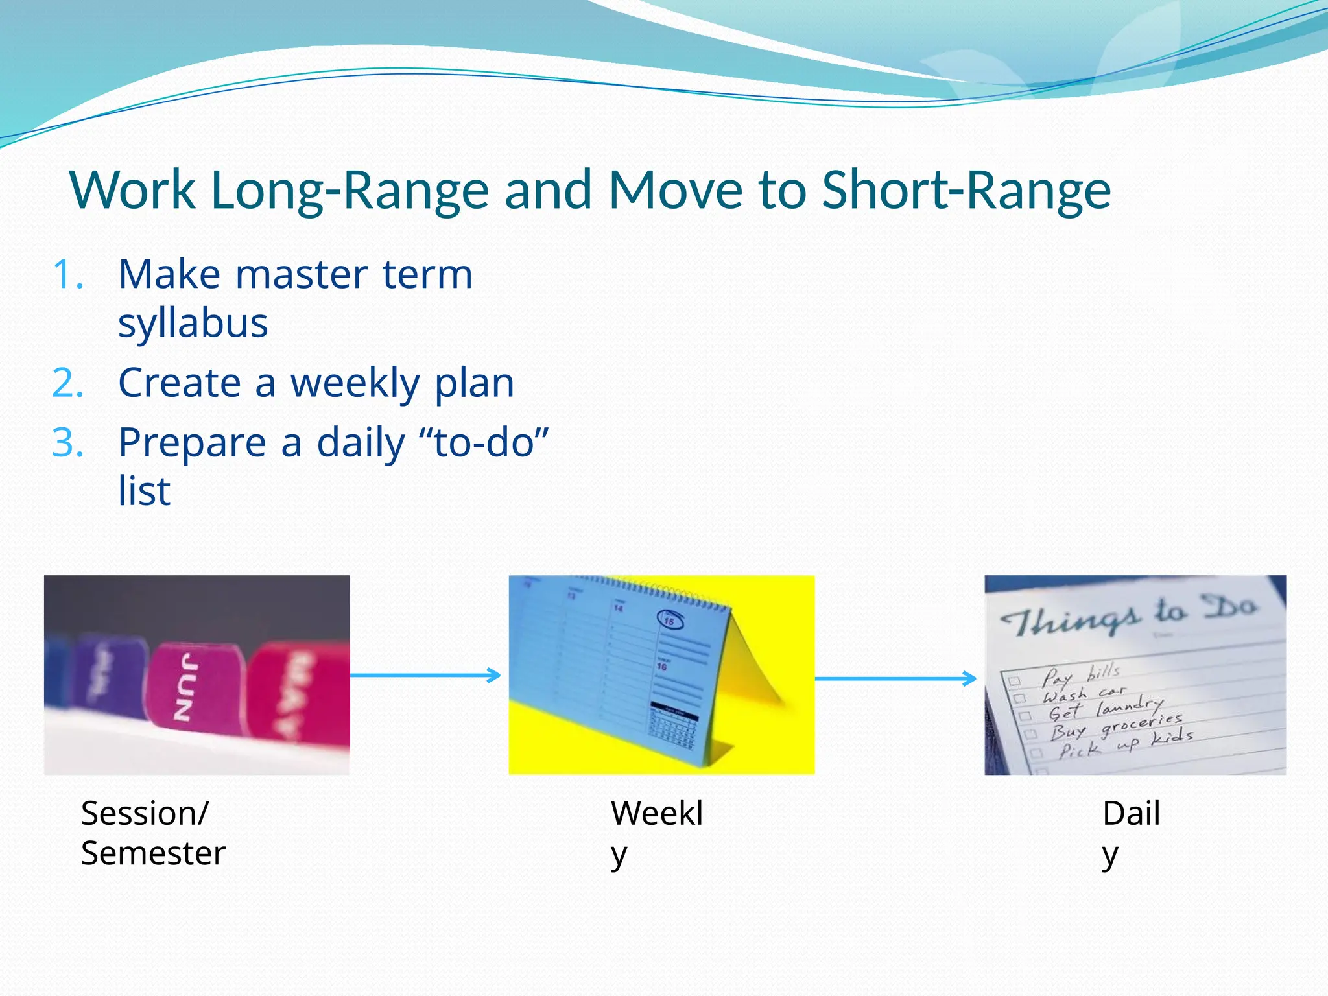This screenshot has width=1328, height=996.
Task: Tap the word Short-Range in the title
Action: click(966, 191)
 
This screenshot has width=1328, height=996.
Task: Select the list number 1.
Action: click(68, 275)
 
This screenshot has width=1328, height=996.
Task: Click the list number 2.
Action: click(68, 383)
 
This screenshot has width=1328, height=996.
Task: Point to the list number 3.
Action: click(68, 444)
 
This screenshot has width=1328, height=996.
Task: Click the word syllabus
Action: click(193, 323)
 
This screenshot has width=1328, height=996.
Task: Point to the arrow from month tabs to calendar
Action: click(425, 676)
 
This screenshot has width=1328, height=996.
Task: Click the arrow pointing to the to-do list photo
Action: click(895, 679)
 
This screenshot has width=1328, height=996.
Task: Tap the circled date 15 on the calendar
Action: click(670, 620)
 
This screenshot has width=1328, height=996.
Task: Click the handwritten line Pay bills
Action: click(1080, 674)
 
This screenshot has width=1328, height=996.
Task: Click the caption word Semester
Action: click(153, 853)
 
